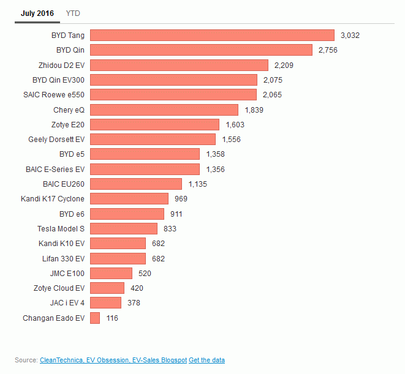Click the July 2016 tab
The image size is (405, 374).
pos(37,13)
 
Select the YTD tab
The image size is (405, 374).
pos(73,13)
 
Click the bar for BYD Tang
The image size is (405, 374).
pos(212,36)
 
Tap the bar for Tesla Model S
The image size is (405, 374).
pos(124,228)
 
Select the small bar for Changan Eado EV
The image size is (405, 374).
pos(95,318)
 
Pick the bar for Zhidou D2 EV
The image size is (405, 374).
pos(179,65)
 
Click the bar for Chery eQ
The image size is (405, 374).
pos(164,110)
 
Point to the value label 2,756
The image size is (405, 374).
pos(327,50)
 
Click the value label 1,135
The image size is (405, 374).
pos(198,184)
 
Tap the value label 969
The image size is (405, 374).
pos(180,199)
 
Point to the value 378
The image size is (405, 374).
pos(134,303)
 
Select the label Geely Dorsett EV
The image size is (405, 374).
pos(56,140)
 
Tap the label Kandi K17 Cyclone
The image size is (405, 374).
pos(53,199)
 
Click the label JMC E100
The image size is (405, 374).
pos(67,273)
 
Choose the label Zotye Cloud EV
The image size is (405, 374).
pos(59,288)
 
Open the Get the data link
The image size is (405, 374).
pos(206,360)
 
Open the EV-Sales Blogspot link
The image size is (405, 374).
pos(159,360)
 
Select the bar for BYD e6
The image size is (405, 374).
pos(127,214)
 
